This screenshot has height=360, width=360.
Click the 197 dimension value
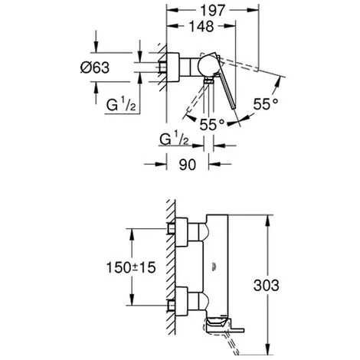[x=212, y=11]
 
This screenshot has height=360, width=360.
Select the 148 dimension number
[x=201, y=26]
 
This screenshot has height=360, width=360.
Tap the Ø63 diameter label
[x=95, y=67]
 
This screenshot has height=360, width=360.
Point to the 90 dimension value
[x=188, y=165]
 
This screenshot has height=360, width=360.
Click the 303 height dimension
[x=267, y=285]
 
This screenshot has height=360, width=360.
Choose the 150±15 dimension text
[x=131, y=267]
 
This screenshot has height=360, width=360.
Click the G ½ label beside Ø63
[x=121, y=104]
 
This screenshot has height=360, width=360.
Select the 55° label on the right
[x=266, y=104]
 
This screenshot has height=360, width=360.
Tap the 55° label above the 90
[x=212, y=124]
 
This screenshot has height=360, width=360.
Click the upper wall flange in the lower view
[x=182, y=232]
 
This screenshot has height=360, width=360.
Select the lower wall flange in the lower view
[x=182, y=302]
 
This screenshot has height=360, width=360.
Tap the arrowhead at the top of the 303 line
[x=267, y=221]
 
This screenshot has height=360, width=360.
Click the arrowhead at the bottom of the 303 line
[x=267, y=349]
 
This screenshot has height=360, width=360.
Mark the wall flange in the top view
[x=173, y=67]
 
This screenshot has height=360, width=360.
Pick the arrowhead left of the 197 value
[x=172, y=10]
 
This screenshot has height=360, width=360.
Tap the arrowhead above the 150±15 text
[x=132, y=234]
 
